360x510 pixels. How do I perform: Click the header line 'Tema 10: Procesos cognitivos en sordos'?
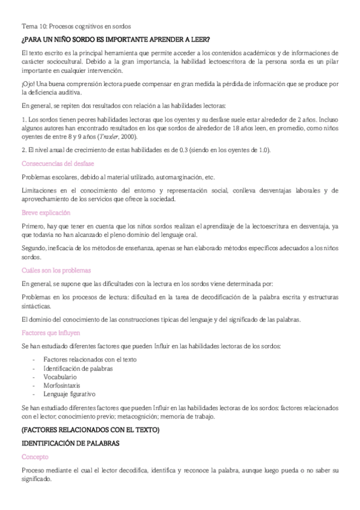[x=76, y=26]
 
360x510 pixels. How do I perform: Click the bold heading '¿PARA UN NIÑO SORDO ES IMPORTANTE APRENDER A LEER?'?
[x=115, y=40]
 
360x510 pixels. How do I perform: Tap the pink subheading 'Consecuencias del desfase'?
[x=58, y=163]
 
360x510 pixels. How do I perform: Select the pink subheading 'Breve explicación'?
[x=46, y=212]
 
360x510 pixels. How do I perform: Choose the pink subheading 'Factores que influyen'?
[x=51, y=332]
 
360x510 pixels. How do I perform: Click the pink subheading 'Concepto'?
[x=35, y=457]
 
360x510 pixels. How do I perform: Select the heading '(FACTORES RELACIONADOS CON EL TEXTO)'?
[x=90, y=430]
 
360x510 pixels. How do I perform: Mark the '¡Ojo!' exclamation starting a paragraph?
[x=28, y=83]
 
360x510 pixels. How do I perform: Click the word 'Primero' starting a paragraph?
[x=33, y=226]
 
